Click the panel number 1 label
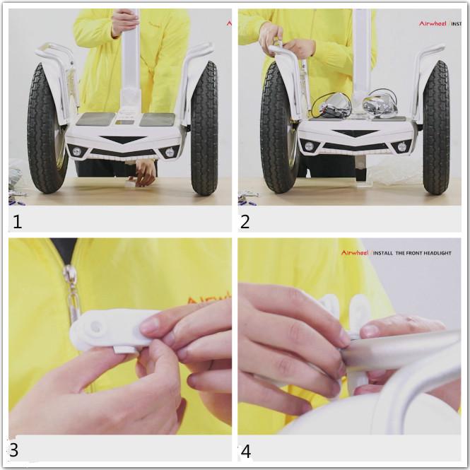click(18, 221)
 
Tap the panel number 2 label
click(245, 221)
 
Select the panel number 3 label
click(14, 450)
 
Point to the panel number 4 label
click(245, 450)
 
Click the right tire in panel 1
click(204, 131)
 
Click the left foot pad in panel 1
click(95, 119)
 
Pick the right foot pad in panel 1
click(157, 119)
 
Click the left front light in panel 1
click(76, 151)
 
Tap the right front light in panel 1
click(170, 151)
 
